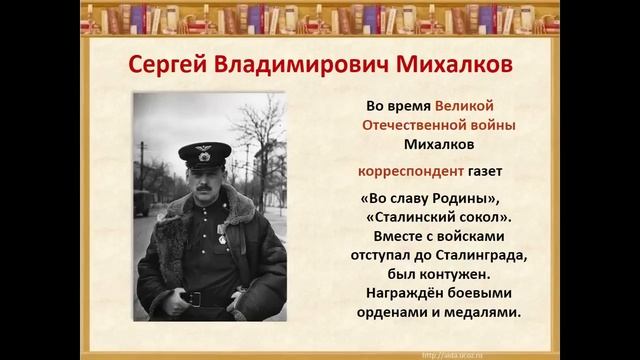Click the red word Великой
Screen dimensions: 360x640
[x=465, y=105]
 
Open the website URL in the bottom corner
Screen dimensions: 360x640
[x=459, y=353]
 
